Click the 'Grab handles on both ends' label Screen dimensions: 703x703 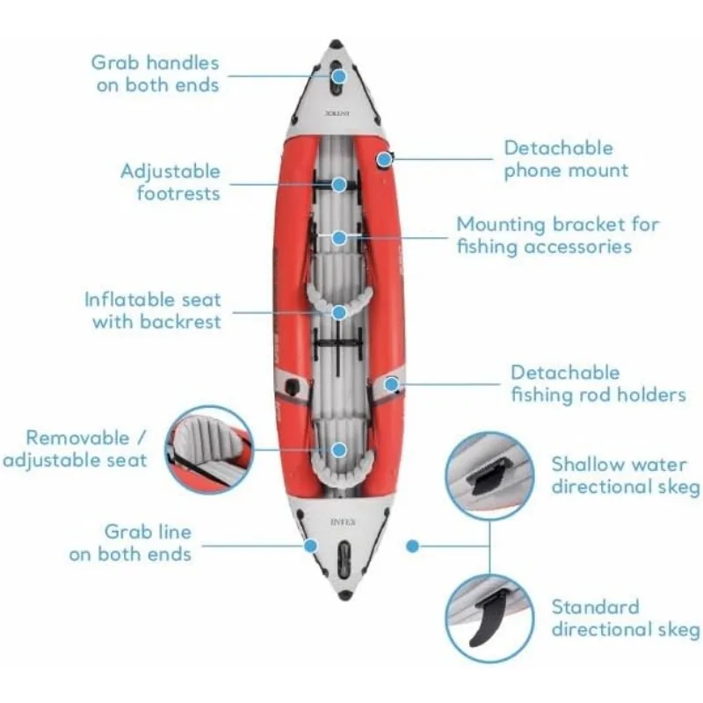coord(155,74)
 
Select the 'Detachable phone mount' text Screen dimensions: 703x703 coord(566,159)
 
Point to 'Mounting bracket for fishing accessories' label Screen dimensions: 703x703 coord(557,235)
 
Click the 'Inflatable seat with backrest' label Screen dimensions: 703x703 coord(153,310)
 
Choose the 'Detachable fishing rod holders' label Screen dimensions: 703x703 coord(598,384)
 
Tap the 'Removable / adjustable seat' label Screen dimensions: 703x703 coord(74,448)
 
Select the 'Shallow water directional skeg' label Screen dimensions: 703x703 coord(625,475)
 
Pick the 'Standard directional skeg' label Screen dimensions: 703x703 coord(625,618)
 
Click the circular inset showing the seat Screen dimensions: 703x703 coord(209,449)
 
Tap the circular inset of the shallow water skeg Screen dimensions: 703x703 coord(489,475)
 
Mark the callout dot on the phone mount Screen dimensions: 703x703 coord(384,159)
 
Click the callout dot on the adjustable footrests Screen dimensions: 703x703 coord(339,184)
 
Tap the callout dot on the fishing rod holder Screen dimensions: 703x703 coord(391,383)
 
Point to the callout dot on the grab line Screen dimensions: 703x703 coord(310,545)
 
